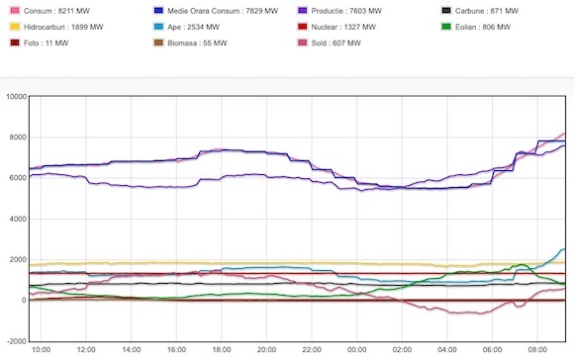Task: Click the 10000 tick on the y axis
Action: tap(16, 97)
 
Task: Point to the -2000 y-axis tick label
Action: tap(16, 341)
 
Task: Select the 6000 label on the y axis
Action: tap(18, 178)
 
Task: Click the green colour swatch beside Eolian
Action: tap(447, 27)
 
